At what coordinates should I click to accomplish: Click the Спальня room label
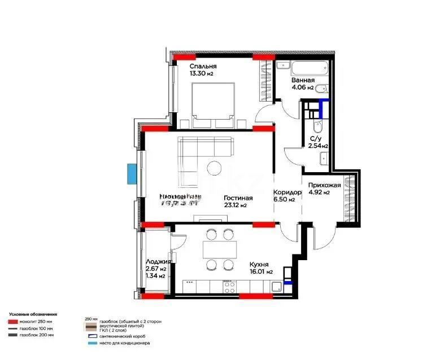[x=203, y=67]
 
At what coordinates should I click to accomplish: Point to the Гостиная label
[x=238, y=198]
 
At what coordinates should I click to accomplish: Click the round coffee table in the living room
[x=214, y=168]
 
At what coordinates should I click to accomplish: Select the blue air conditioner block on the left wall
[x=132, y=173]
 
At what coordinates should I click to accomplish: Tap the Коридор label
[x=287, y=192]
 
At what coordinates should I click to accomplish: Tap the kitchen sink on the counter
[x=276, y=287]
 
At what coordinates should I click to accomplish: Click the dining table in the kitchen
[x=219, y=249]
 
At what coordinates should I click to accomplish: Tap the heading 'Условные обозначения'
[x=33, y=314]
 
